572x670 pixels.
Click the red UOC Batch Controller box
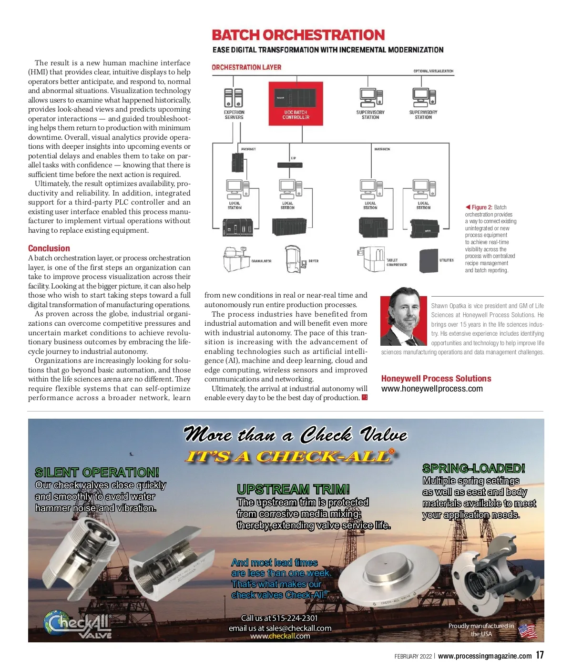296,104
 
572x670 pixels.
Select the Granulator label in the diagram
261,261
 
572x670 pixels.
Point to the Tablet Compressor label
397,262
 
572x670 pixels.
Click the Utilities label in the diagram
447,260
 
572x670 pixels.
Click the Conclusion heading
49,248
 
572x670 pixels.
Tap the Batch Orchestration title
298,35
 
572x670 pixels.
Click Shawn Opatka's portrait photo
404,317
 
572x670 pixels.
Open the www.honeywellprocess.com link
432,389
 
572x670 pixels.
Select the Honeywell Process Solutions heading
436,379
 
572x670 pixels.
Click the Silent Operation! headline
97,473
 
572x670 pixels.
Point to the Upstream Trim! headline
293,489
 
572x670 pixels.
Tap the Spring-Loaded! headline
474,468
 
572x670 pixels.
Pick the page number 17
540,655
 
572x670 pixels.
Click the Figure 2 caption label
481,207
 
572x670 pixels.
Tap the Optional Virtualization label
433,71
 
